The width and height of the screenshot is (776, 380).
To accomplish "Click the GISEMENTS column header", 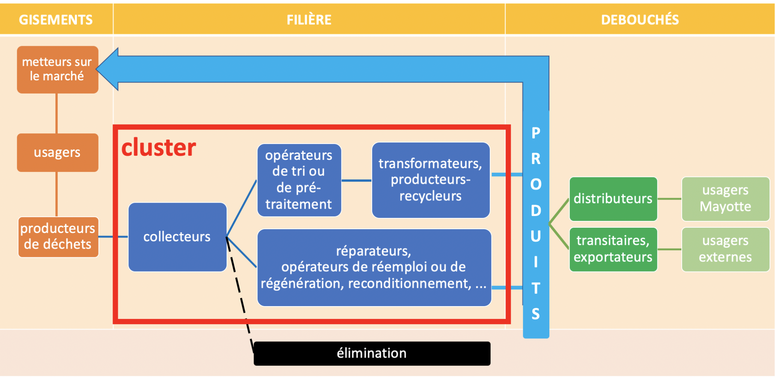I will pyautogui.click(x=56, y=20).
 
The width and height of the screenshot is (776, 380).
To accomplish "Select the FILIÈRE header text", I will pyautogui.click(x=309, y=20).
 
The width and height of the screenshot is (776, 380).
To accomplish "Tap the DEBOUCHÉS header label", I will pyautogui.click(x=640, y=20).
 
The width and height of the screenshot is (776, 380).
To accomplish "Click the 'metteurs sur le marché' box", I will pyautogui.click(x=57, y=69).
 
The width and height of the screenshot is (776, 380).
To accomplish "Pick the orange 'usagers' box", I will pyautogui.click(x=57, y=152).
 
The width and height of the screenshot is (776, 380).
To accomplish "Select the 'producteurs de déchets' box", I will pyautogui.click(x=58, y=237).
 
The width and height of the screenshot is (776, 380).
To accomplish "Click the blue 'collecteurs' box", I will pyautogui.click(x=177, y=237).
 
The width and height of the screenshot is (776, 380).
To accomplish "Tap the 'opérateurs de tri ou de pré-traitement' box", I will pyautogui.click(x=299, y=180).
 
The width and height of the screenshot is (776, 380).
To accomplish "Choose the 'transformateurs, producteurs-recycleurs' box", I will pyautogui.click(x=430, y=180).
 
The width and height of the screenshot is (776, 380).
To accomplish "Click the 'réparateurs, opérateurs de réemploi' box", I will pyautogui.click(x=374, y=267).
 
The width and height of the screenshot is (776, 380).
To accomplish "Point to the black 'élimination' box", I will pyautogui.click(x=371, y=353).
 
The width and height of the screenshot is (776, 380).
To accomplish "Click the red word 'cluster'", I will pyautogui.click(x=158, y=147).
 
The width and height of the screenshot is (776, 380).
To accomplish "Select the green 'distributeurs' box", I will pyautogui.click(x=613, y=199).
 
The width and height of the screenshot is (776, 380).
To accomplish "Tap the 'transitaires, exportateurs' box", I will pyautogui.click(x=613, y=249).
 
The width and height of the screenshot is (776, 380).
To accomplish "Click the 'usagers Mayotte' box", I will pyautogui.click(x=725, y=199).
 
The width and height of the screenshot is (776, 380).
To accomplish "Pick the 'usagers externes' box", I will pyautogui.click(x=725, y=249).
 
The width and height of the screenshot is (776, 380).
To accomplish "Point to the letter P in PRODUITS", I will pyautogui.click(x=535, y=133).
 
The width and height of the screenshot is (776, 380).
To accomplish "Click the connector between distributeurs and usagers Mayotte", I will pyautogui.click(x=669, y=199).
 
